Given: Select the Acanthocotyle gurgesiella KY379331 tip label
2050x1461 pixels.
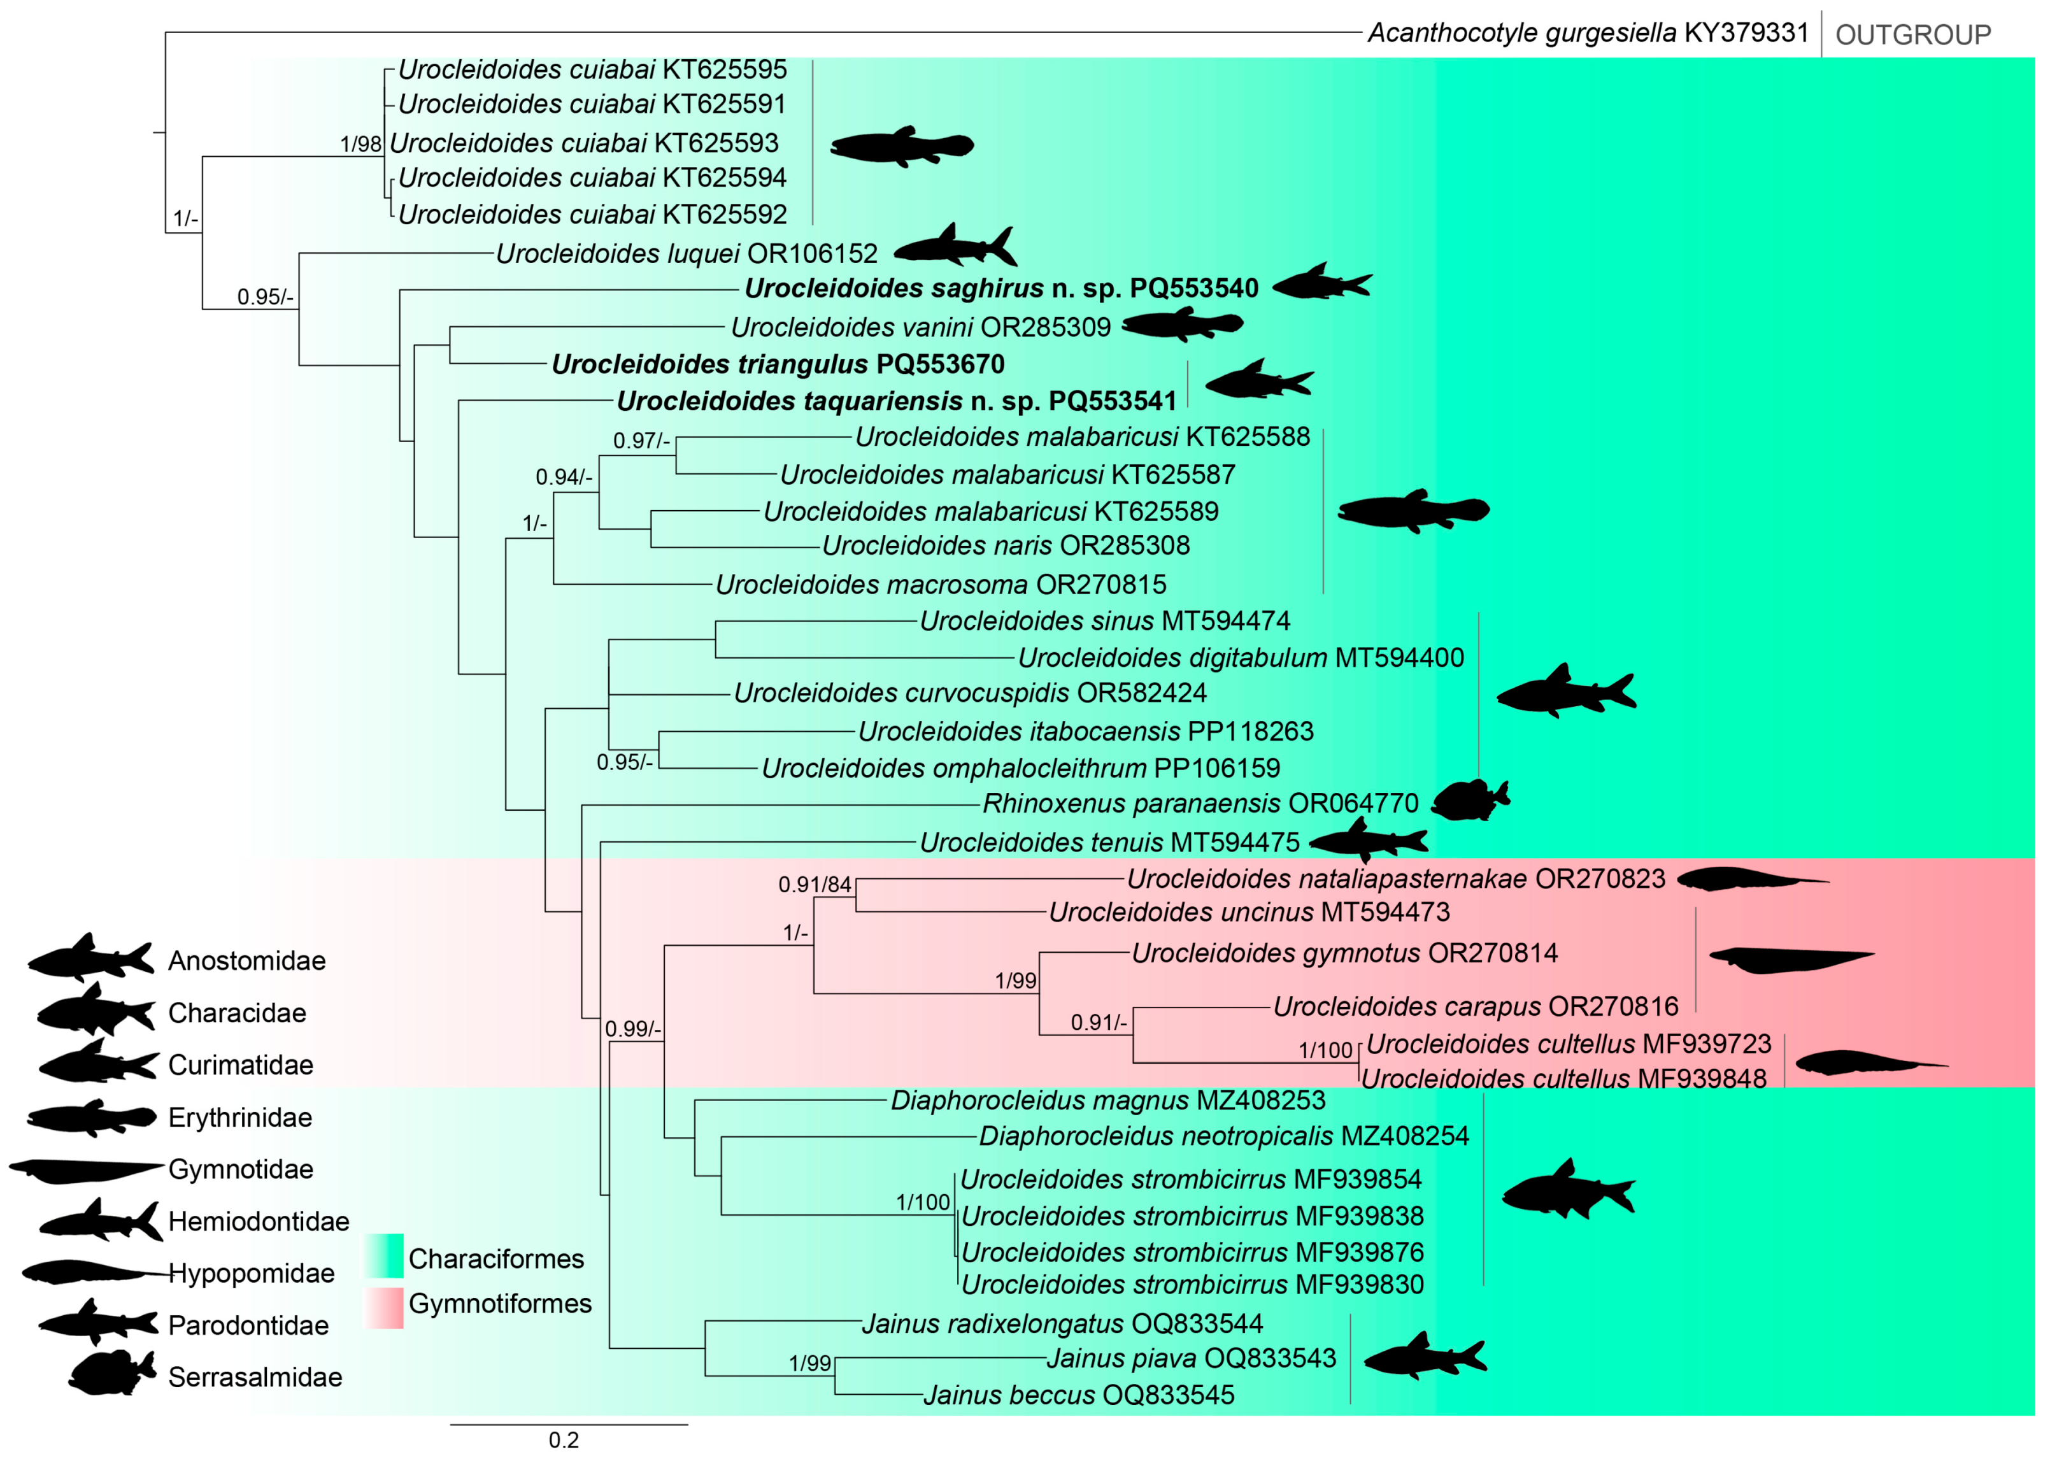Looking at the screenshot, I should click(1588, 33).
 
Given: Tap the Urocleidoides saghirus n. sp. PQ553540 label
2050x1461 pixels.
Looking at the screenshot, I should click(1001, 288).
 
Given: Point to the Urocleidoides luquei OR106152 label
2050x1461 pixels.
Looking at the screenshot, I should click(687, 253).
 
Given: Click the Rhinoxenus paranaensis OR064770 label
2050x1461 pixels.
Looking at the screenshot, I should click(1200, 803).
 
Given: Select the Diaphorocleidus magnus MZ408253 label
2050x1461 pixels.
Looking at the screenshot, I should click(1107, 1101).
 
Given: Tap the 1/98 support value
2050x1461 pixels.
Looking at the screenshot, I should click(360, 144).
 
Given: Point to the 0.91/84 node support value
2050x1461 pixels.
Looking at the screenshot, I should click(814, 885).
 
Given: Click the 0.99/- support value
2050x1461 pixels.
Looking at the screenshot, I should click(632, 1029).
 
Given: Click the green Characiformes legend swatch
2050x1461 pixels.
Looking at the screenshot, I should click(384, 1256).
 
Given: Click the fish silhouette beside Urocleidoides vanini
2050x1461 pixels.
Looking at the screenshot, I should click(1182, 324).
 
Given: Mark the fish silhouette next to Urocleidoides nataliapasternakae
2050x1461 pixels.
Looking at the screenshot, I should click(1751, 879).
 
